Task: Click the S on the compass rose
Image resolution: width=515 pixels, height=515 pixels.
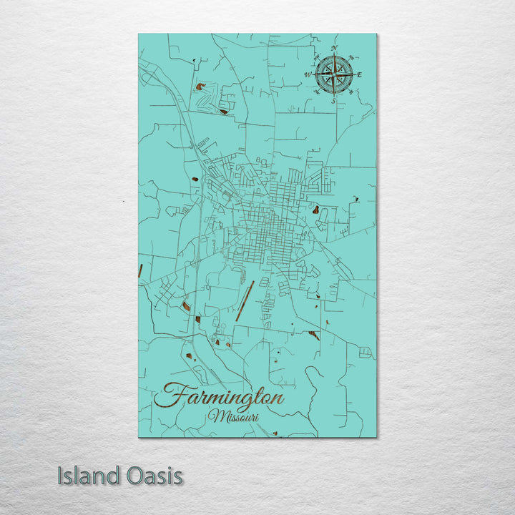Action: (x=333, y=100)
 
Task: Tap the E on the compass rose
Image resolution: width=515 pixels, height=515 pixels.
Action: (x=359, y=74)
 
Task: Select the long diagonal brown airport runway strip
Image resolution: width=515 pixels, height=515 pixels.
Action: (x=245, y=301)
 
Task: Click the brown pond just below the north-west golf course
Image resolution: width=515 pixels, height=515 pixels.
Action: (x=224, y=111)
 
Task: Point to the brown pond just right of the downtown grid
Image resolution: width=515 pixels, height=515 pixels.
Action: (x=315, y=210)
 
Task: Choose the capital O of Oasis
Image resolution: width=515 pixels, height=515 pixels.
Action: (x=136, y=476)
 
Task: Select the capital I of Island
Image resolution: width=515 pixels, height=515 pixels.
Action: (x=62, y=476)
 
